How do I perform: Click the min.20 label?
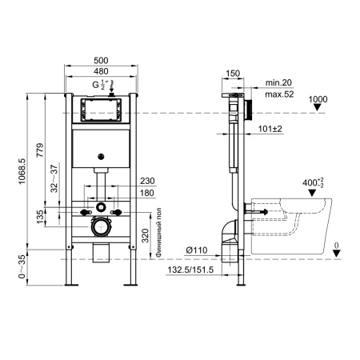tap(277, 82)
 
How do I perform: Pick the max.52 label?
tap(277, 93)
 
